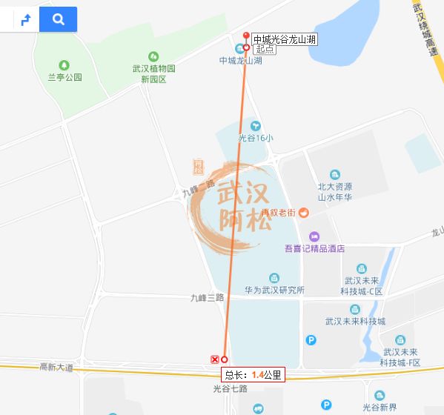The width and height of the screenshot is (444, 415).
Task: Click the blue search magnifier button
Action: click(58, 19)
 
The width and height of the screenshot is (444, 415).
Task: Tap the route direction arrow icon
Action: click(26, 20)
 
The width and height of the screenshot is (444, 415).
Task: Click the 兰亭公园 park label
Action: click(64, 77)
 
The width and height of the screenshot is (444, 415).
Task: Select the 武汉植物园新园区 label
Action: click(153, 73)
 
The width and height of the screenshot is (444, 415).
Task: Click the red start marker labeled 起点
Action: click(247, 47)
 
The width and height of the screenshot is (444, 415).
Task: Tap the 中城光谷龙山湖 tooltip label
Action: click(285, 39)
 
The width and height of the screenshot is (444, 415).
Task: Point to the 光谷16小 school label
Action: click(256, 137)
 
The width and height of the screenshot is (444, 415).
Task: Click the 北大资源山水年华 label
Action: click(334, 191)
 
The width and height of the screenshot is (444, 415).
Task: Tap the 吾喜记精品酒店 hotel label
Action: click(314, 248)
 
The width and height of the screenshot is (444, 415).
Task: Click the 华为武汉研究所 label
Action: click(274, 290)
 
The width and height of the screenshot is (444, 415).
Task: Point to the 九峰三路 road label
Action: click(207, 297)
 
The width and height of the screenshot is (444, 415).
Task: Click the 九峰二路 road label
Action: click(198, 188)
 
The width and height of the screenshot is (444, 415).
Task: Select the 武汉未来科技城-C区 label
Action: click(362, 285)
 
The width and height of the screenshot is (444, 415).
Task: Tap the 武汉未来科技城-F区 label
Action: click(400, 357)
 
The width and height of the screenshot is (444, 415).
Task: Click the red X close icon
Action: click(215, 359)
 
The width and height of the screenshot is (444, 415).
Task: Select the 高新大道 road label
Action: click(56, 367)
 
